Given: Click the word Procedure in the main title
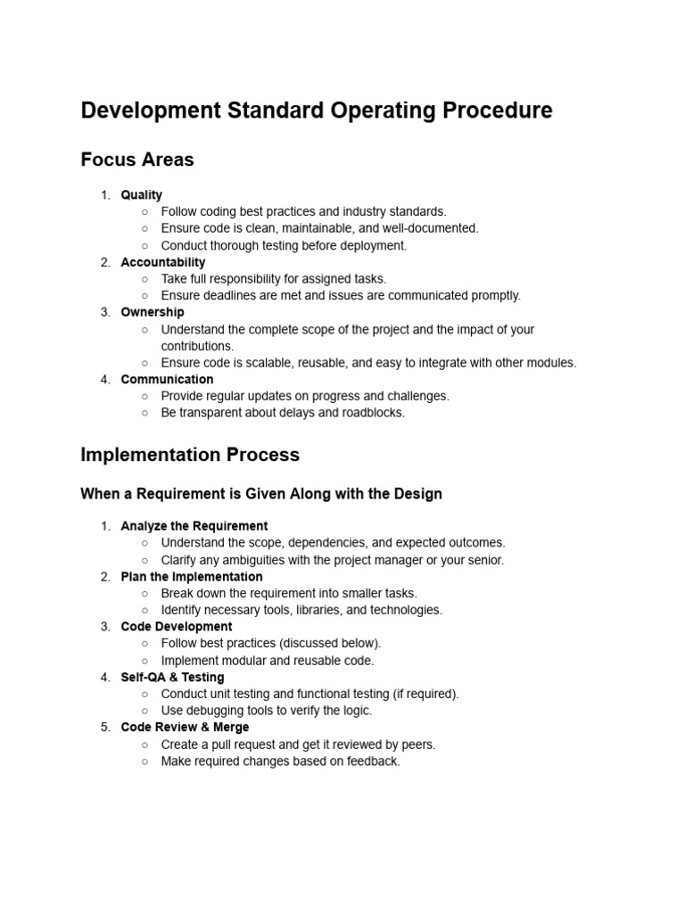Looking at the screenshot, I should coord(498,111).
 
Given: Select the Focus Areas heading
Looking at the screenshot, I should coord(137,160).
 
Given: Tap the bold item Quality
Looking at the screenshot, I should coord(142,194).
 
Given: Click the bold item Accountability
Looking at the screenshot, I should coord(163,262).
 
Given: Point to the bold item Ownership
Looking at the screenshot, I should coord(153,312).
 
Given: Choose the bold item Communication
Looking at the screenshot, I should coord(167,379).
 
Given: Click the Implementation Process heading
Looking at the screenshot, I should coord(190,455).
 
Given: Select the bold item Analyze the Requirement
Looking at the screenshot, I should coord(194,526).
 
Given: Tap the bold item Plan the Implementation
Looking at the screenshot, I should coord(192,576).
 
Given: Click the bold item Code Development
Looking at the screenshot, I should coord(177,627).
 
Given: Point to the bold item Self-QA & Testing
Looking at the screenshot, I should coord(173,677).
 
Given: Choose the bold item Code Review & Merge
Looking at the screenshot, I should coord(186,727).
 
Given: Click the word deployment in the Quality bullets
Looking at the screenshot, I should coord(372,245).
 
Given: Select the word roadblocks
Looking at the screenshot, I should coord(373,413).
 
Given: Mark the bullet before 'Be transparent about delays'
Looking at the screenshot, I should coord(145,413).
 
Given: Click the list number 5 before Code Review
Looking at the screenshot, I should coord(105,727).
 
